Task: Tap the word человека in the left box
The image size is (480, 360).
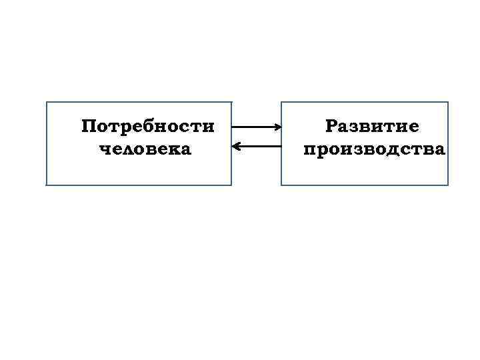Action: (145, 149)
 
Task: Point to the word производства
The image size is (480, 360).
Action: (373, 149)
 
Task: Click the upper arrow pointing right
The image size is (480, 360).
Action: (256, 126)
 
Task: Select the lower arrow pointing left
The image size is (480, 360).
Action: (256, 145)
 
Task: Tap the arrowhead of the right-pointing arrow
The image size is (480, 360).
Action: (277, 126)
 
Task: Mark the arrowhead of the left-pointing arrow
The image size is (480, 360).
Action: (234, 145)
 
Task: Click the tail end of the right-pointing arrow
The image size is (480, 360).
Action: (233, 126)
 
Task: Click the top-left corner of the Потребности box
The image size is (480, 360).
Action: (46, 102)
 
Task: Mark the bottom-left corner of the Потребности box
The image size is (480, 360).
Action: (46, 185)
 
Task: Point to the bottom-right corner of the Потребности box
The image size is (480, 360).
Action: (231, 185)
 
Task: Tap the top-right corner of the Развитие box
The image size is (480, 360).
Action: (449, 102)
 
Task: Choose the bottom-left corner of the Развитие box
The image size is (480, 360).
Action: (281, 185)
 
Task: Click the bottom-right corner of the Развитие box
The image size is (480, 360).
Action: (449, 185)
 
